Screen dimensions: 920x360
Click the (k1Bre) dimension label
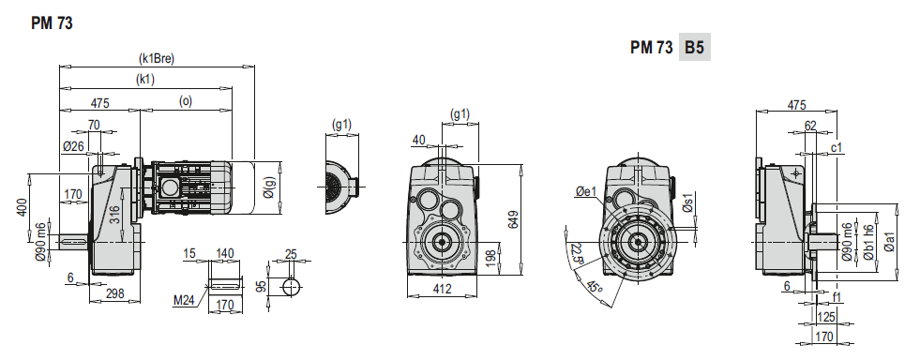point(157,58)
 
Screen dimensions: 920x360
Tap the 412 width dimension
point(442,289)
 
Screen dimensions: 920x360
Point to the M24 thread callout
point(183,301)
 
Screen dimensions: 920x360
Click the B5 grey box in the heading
point(695,48)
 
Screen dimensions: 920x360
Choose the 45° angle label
point(594,286)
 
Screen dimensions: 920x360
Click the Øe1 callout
point(585,191)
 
